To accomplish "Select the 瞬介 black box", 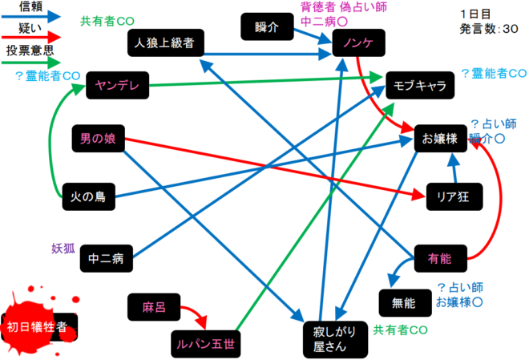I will [266, 26].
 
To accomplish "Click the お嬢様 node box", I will [440, 139].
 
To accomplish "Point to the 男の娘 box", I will [97, 139].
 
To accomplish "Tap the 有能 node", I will [439, 258].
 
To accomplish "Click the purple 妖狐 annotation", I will [63, 247].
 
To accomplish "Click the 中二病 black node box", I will [106, 258].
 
